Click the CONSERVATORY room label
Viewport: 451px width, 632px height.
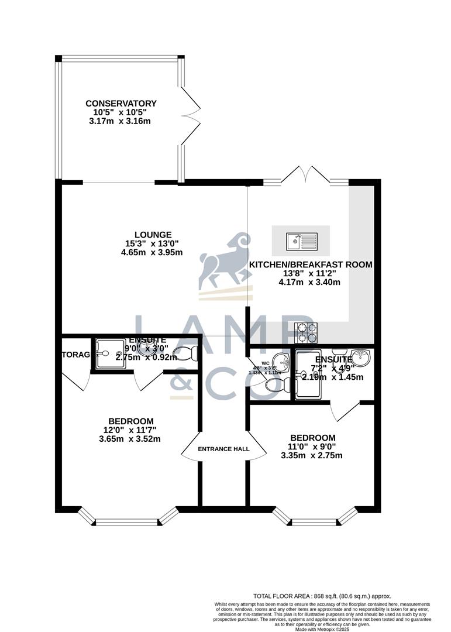121,104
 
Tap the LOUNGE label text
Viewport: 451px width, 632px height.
152,235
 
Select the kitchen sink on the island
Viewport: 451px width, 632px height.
301,240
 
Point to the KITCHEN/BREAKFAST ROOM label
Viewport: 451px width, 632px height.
311,265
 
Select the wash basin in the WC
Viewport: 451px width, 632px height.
281,359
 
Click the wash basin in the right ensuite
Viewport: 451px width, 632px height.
362,355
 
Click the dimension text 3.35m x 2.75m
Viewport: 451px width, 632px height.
312,455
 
